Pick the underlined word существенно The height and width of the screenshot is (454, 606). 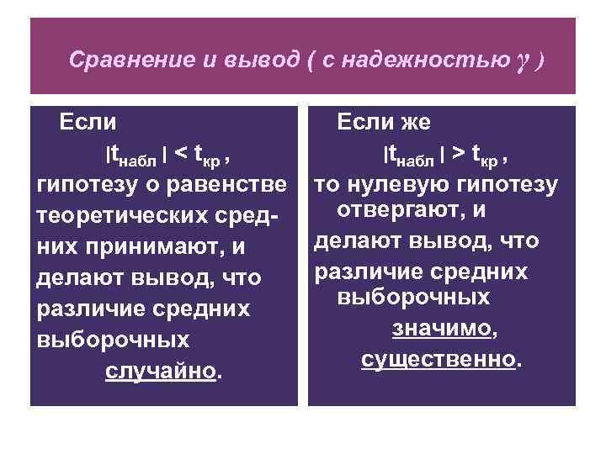click(438, 359)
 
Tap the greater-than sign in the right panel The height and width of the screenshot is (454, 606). click(459, 155)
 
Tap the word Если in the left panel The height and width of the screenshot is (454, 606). click(88, 123)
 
